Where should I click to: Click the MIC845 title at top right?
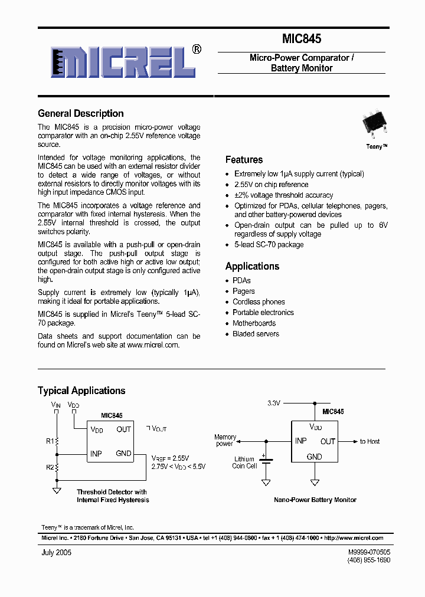301,39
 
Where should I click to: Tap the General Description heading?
81,113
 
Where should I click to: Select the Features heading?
244,159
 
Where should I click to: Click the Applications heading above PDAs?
252,266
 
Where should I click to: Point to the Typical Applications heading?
81,391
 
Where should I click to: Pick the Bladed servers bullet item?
256,334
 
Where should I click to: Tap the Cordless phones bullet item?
259,302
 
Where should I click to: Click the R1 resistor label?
50,441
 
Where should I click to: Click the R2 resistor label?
50,467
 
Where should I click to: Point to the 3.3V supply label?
274,403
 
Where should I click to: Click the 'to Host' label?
370,441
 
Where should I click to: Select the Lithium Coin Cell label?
244,462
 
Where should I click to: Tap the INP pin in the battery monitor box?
301,441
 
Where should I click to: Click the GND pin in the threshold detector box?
123,454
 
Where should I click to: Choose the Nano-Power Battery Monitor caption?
315,500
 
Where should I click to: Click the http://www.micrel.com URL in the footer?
354,538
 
